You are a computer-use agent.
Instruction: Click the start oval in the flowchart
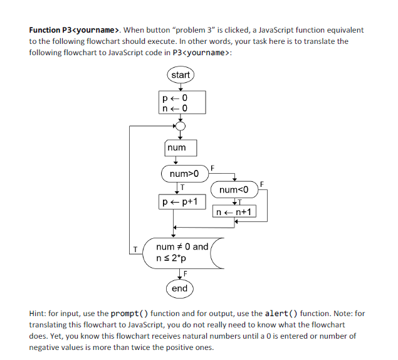coord(180,75)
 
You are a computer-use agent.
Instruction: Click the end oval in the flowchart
coord(180,289)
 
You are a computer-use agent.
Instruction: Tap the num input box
coord(180,147)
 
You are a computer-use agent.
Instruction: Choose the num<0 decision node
coord(234,189)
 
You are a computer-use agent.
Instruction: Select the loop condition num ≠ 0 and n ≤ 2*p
coord(183,253)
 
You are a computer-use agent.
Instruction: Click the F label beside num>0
coord(212,167)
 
